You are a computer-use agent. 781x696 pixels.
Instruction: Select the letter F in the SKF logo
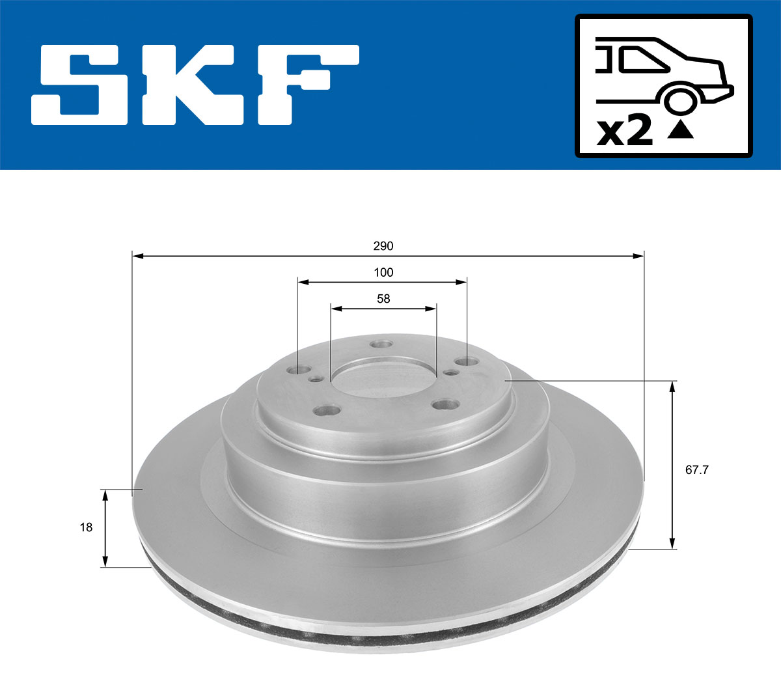click(306, 85)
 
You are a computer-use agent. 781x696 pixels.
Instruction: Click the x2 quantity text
click(624, 132)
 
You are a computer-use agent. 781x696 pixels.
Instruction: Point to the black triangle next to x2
click(681, 131)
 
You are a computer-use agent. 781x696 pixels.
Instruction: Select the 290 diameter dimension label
click(383, 246)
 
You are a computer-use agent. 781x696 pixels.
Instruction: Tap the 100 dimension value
click(383, 272)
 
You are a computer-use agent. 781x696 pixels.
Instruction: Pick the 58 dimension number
click(383, 298)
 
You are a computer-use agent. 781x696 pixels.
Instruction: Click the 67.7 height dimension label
click(696, 469)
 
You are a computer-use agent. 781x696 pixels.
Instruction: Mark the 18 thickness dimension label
click(86, 527)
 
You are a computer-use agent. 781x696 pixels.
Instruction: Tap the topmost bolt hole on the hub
click(380, 345)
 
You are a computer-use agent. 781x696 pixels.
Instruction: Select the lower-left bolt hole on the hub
click(327, 411)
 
